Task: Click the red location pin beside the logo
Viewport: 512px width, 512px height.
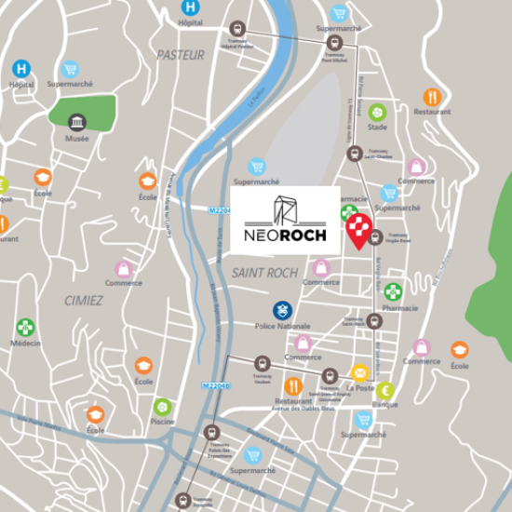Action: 359,230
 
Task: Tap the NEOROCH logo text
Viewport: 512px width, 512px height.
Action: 285,236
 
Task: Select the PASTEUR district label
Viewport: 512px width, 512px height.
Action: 181,55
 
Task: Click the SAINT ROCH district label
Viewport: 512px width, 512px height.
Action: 265,273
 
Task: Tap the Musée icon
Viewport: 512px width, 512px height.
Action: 77,123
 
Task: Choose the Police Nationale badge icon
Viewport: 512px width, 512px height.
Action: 282,309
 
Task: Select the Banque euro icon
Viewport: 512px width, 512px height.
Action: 384,390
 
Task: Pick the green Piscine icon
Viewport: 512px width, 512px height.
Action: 163,406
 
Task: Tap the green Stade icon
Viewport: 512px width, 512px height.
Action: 377,113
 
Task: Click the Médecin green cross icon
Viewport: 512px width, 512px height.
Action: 24,327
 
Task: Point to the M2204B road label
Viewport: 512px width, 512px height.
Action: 215,384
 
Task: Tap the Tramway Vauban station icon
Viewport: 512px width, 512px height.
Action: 262,363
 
